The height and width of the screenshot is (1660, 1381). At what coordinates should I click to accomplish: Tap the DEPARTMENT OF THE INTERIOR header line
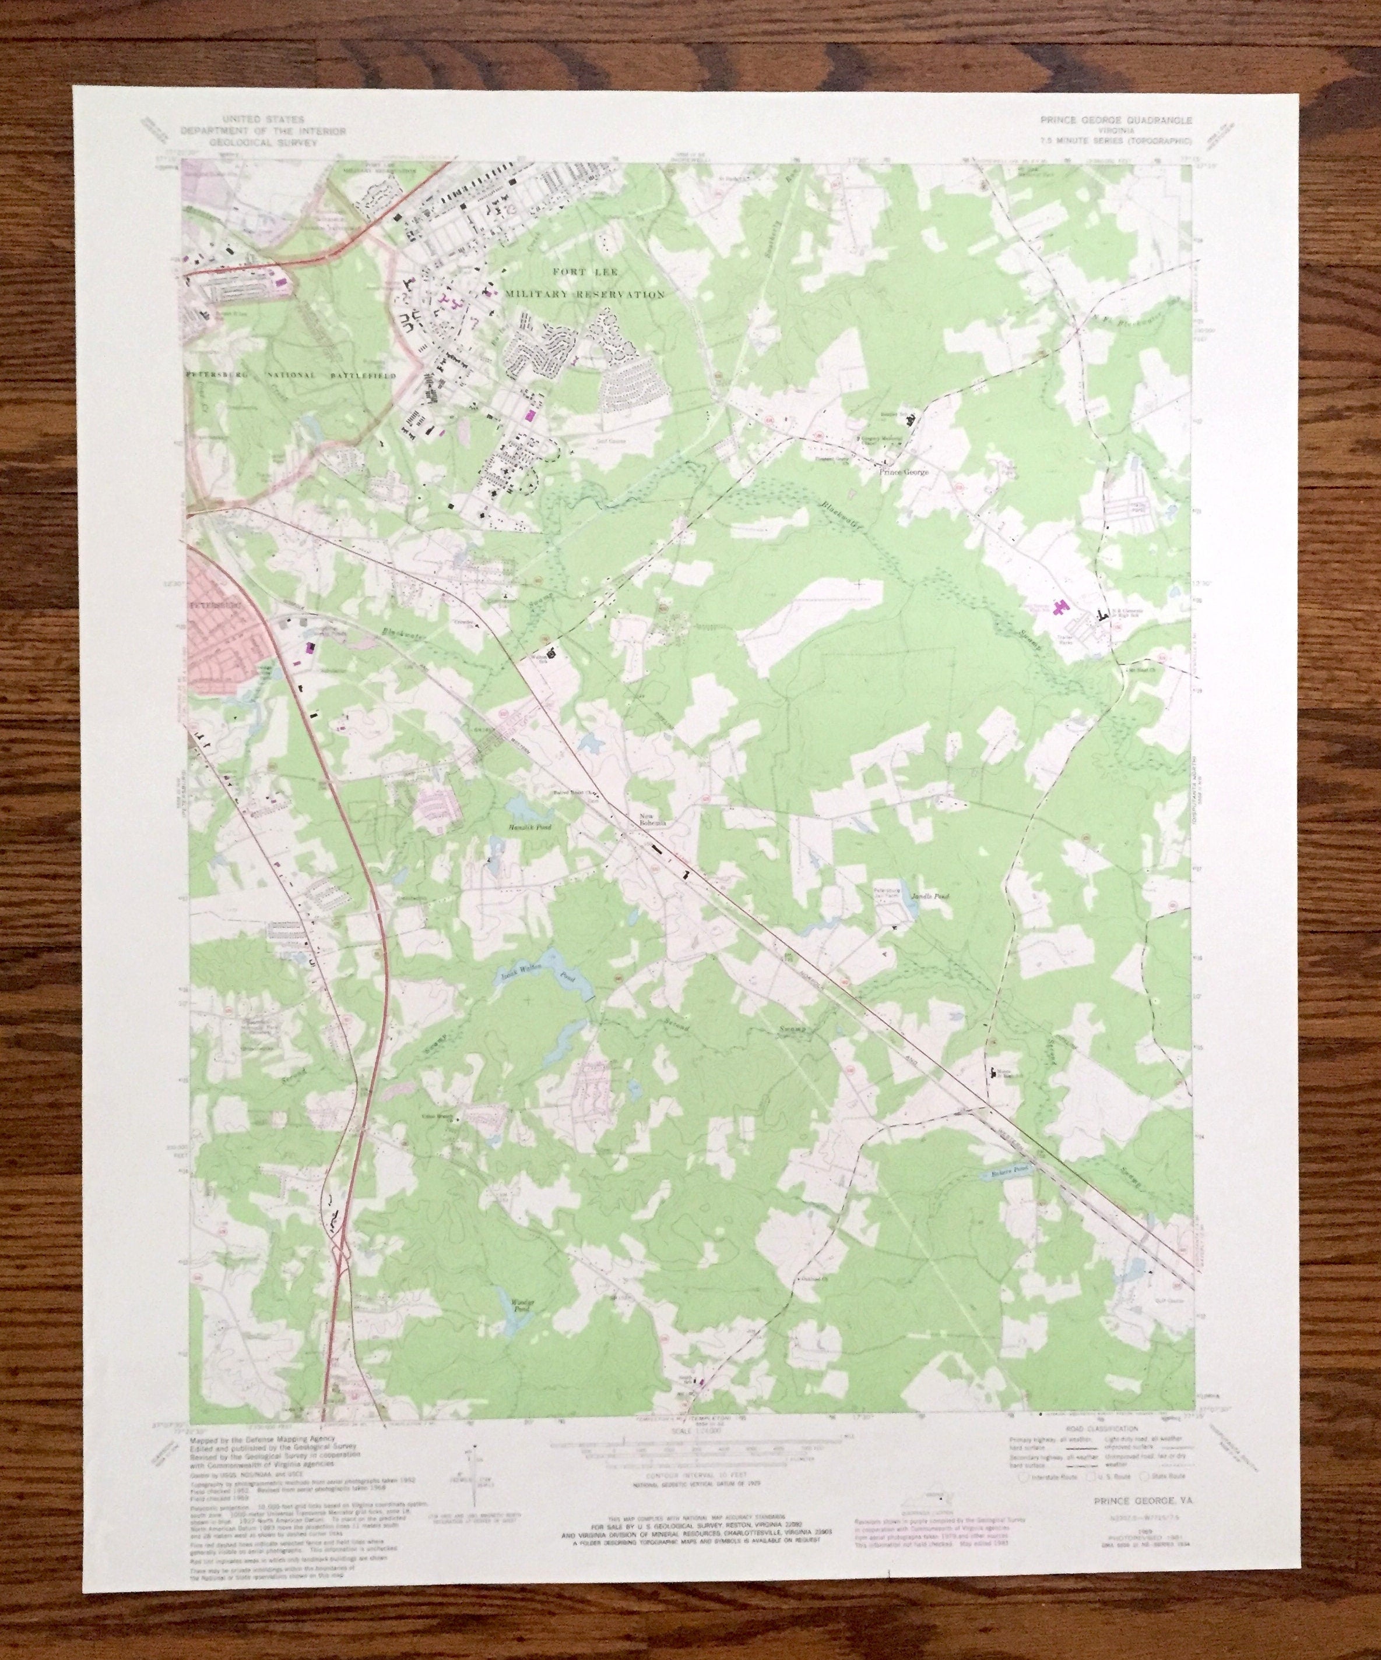262,131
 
